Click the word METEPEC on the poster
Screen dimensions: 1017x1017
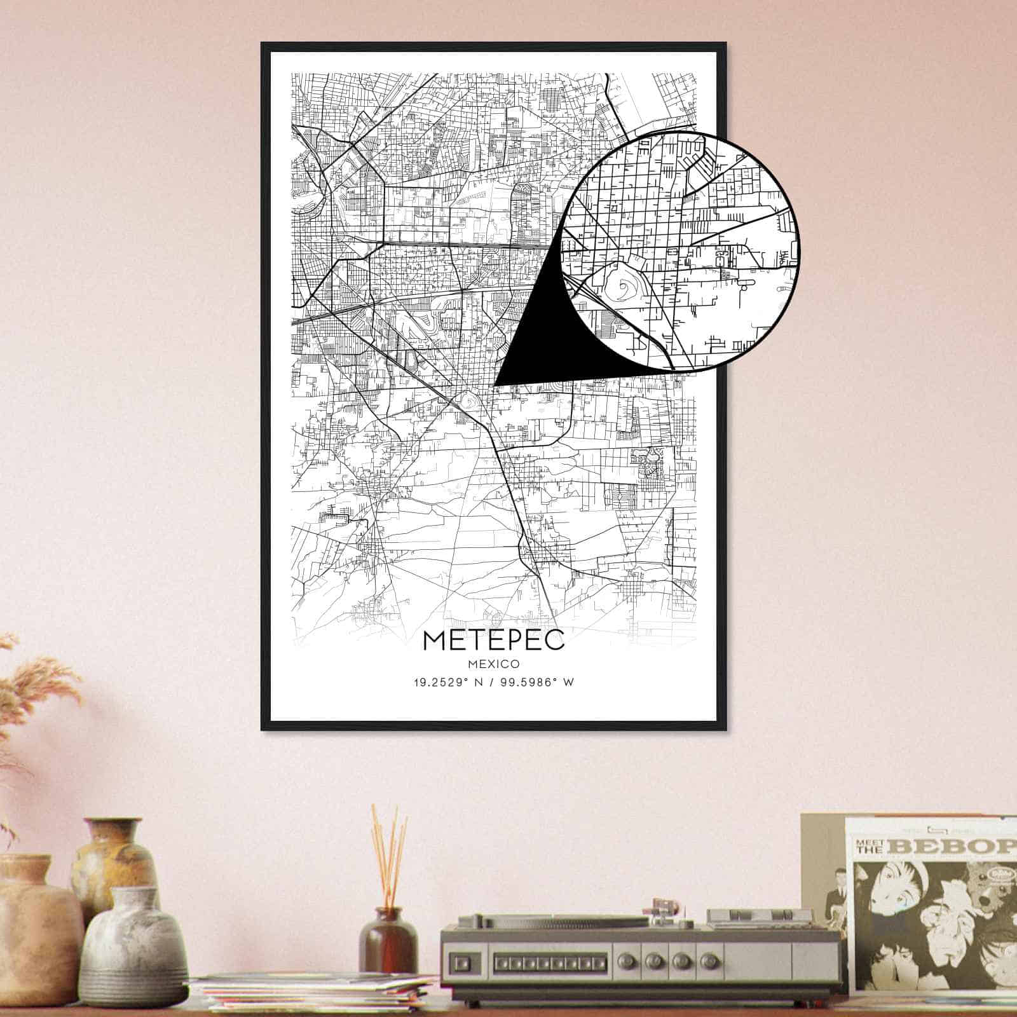point(493,640)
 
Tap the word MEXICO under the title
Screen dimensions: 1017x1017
point(493,664)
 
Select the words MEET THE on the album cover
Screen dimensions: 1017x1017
point(872,846)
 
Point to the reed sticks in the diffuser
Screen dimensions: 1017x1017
point(389,852)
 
